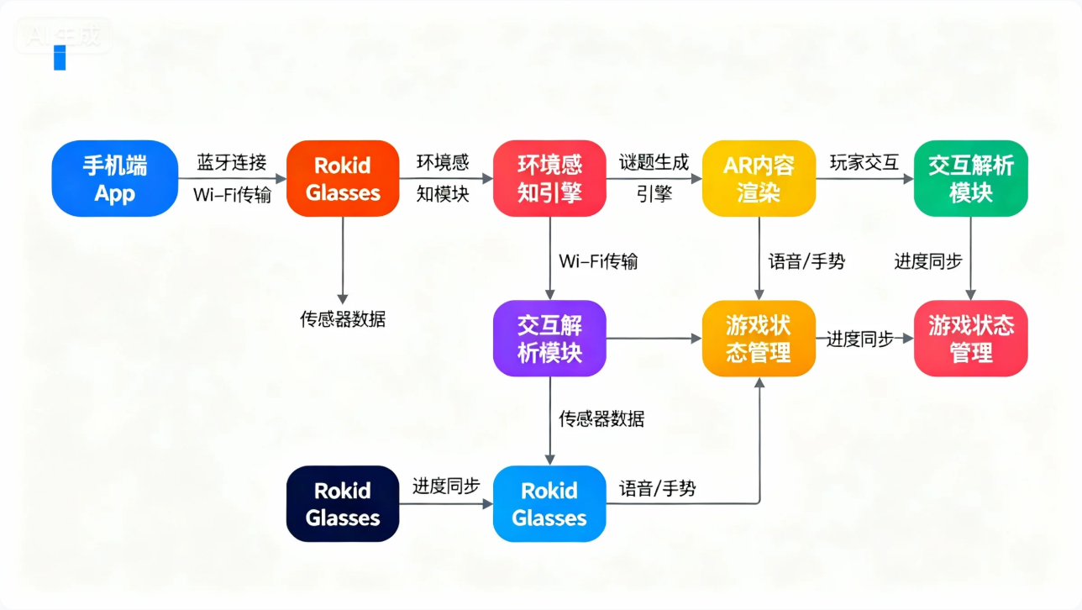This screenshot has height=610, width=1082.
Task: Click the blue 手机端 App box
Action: (x=114, y=178)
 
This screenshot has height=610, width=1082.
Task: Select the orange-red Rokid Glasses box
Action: (x=343, y=178)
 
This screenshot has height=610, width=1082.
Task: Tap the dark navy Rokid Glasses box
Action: (x=343, y=503)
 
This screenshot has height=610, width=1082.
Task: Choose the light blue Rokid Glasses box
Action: (x=549, y=503)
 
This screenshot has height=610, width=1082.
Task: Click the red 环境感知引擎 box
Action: (x=549, y=178)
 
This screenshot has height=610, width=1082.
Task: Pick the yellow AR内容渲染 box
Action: (x=759, y=178)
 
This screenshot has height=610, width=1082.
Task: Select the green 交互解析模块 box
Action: (x=970, y=178)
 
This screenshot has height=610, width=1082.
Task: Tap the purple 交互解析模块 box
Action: (x=549, y=338)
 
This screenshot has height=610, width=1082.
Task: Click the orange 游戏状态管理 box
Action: (x=759, y=338)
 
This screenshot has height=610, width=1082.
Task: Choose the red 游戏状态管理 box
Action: (x=970, y=338)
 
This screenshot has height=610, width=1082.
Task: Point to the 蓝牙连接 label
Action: (x=232, y=162)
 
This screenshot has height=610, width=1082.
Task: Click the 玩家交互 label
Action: (x=864, y=162)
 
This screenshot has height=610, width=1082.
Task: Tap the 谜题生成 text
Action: (x=654, y=162)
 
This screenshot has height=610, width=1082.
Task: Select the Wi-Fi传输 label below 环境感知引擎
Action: (x=598, y=261)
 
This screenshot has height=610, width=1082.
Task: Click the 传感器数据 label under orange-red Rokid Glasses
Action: (x=343, y=319)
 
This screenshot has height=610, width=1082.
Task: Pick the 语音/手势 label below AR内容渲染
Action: (x=806, y=261)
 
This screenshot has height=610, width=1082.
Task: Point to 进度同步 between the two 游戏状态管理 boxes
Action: (x=859, y=339)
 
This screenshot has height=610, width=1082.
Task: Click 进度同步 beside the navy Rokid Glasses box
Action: (x=446, y=486)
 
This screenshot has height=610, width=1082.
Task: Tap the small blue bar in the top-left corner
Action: (x=60, y=57)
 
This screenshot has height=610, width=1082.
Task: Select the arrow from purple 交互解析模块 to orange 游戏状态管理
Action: (x=654, y=339)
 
